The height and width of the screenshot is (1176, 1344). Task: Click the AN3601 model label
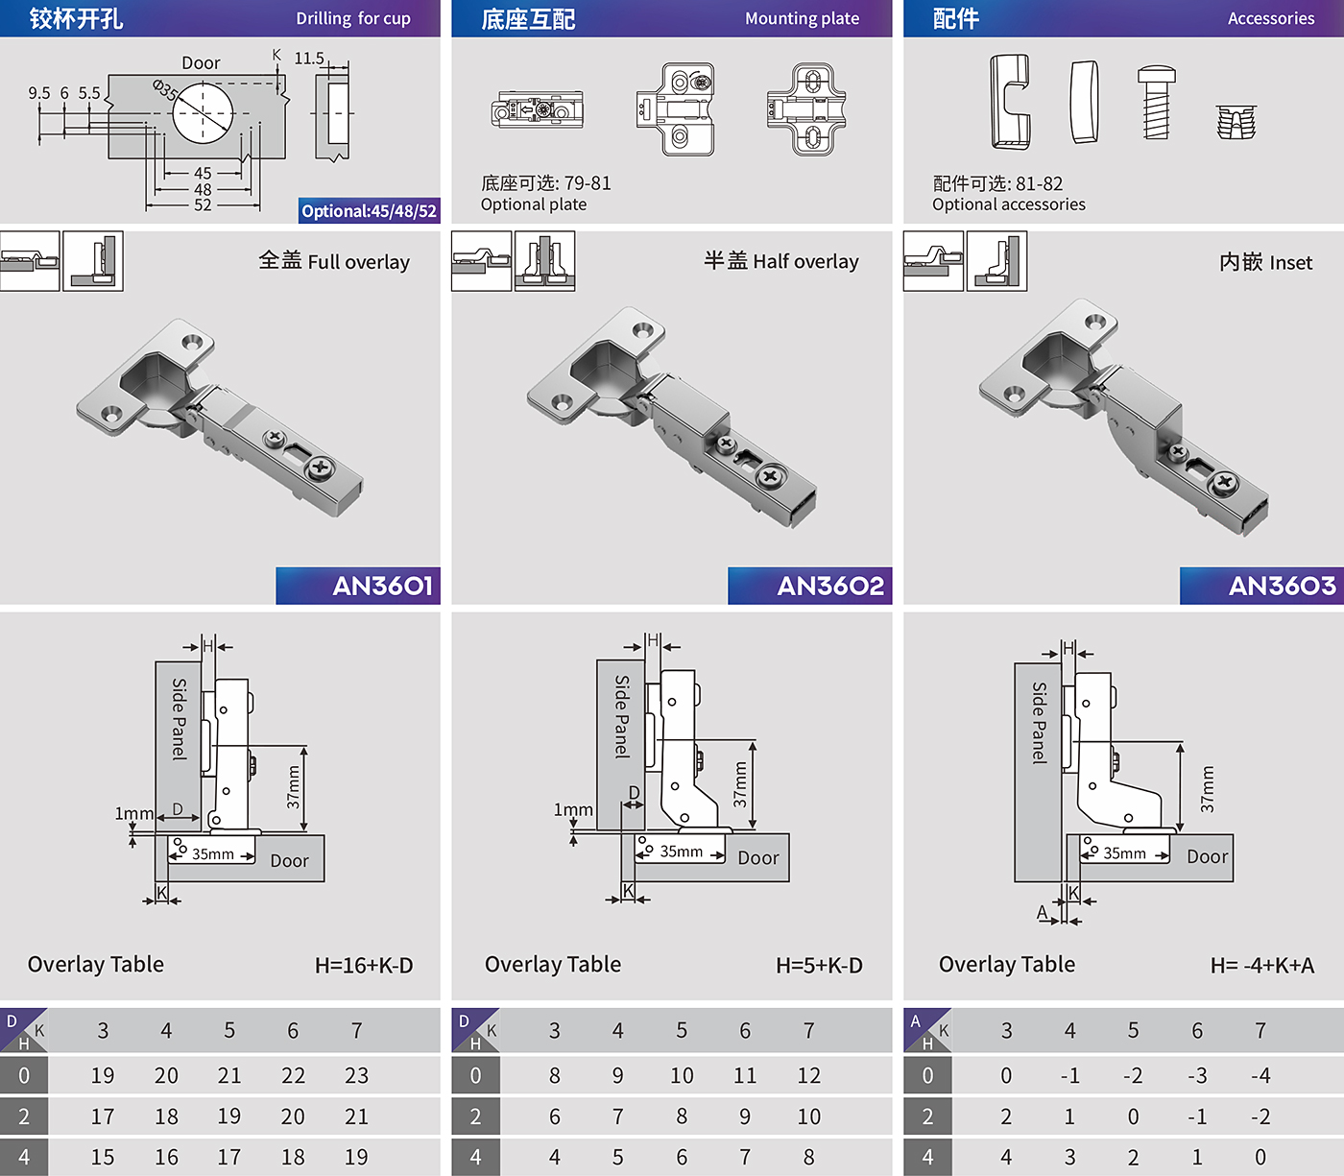click(x=382, y=586)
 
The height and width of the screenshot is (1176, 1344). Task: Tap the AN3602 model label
click(x=830, y=586)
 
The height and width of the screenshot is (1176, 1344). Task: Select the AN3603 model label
click(x=1282, y=586)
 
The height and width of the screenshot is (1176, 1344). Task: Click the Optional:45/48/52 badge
click(x=370, y=211)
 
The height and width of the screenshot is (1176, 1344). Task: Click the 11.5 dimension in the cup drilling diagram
click(x=309, y=59)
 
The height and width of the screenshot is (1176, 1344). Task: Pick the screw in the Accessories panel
click(x=1156, y=102)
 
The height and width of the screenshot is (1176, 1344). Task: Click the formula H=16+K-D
click(x=364, y=965)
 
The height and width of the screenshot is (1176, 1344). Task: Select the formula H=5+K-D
click(x=819, y=965)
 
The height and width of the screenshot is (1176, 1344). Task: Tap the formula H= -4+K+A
click(x=1262, y=965)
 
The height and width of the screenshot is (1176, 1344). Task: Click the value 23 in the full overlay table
click(x=357, y=1075)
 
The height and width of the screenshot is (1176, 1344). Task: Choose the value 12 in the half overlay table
click(x=808, y=1075)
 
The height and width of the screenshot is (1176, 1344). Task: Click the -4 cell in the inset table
click(x=1260, y=1075)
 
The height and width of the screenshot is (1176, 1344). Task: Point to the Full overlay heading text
click(x=359, y=262)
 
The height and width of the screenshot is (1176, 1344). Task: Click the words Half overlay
click(x=806, y=261)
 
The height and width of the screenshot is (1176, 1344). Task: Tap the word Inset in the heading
click(x=1291, y=263)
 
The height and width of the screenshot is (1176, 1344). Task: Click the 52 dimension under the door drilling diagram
click(x=203, y=205)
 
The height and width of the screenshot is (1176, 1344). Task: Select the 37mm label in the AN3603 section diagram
click(x=1208, y=788)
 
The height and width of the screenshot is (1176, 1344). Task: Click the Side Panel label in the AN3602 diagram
click(x=622, y=716)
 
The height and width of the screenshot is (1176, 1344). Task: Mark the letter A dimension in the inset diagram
click(x=1042, y=912)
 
